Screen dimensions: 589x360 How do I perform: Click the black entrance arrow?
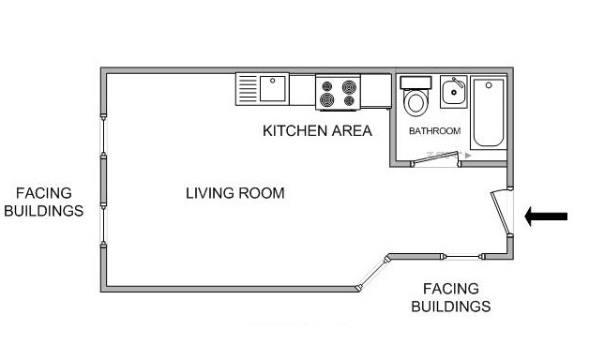[546, 217]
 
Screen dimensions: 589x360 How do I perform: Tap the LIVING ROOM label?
[235, 193]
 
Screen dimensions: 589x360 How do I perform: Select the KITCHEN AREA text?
[317, 130]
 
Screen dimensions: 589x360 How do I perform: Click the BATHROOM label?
[434, 131]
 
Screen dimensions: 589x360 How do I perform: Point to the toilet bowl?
[415, 102]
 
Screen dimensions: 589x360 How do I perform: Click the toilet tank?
[415, 82]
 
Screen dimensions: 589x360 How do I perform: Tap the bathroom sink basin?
[454, 92]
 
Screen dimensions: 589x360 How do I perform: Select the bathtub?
[489, 112]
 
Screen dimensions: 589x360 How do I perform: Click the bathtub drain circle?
[489, 85]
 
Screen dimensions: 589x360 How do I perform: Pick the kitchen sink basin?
[273, 88]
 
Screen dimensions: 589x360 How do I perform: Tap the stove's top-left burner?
[327, 86]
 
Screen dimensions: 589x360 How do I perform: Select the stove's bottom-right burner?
[349, 100]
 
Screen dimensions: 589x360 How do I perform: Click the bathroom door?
[436, 158]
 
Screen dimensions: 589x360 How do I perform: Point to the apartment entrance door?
[501, 213]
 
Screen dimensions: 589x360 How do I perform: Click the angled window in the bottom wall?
[372, 274]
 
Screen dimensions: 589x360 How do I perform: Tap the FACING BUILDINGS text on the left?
[43, 202]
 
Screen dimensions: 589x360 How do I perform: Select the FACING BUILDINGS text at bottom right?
[451, 298]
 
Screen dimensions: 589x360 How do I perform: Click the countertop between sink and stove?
[302, 89]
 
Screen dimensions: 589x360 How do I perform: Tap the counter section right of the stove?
[376, 91]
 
